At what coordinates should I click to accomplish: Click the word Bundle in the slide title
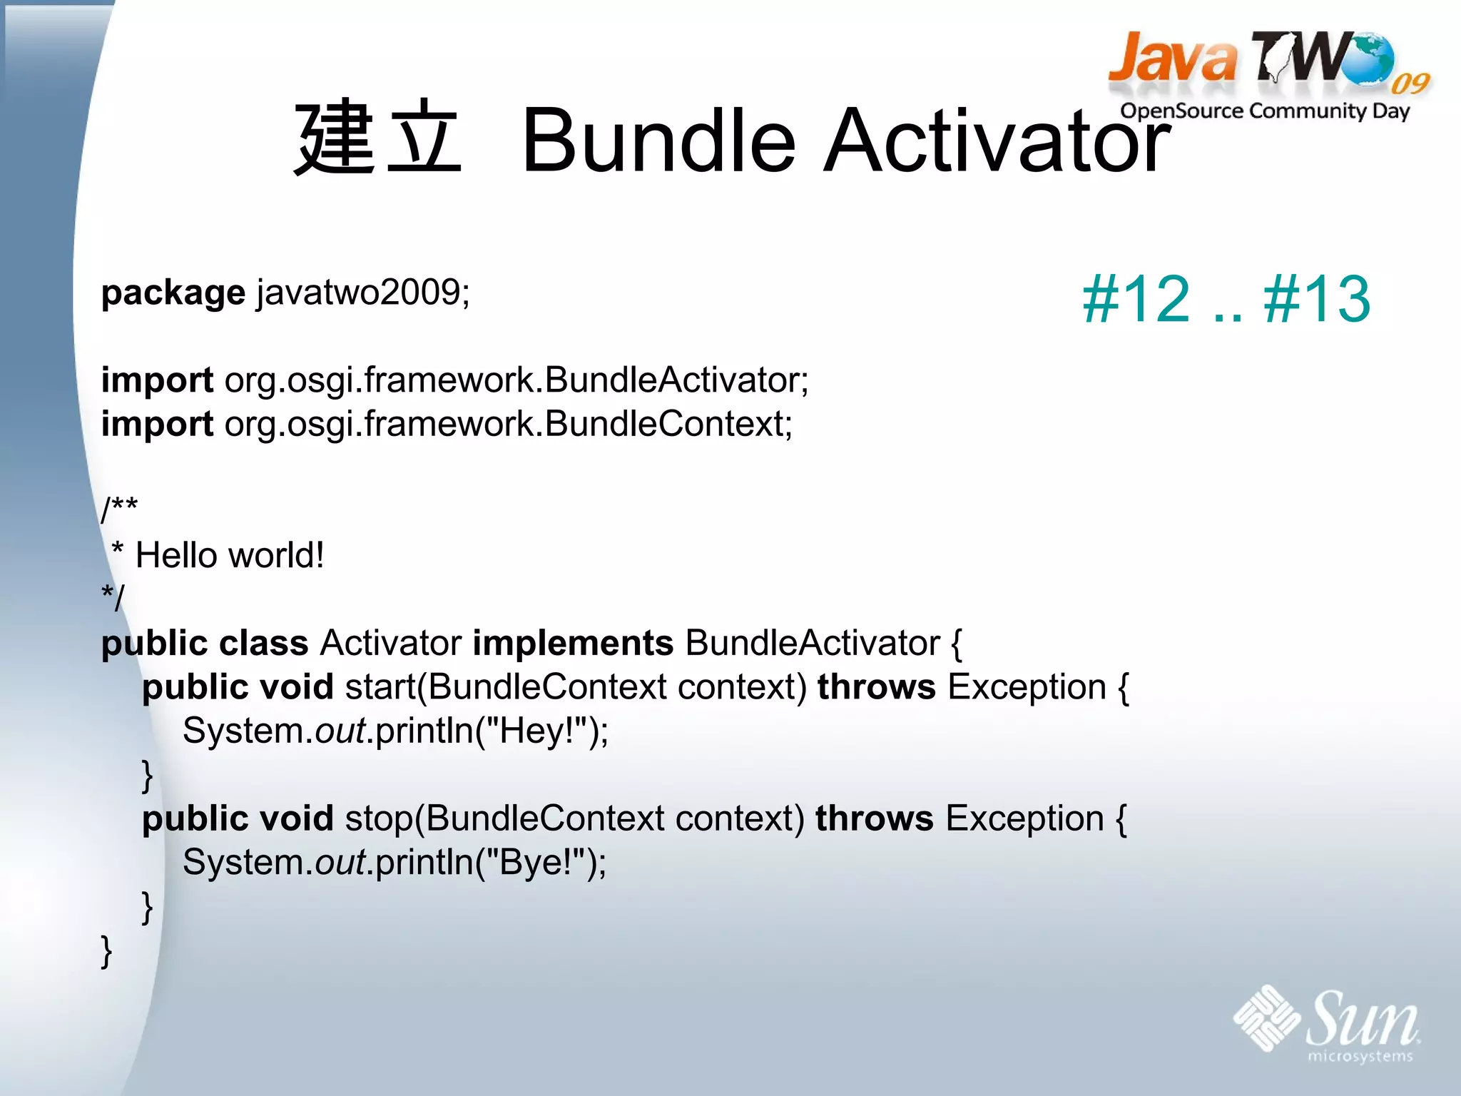click(x=658, y=141)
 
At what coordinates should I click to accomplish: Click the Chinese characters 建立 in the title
click(x=377, y=137)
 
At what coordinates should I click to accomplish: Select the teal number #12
click(x=1136, y=300)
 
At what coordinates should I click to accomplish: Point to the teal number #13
click(x=1317, y=300)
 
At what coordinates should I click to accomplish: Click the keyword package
click(x=173, y=293)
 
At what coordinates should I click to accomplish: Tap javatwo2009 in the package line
click(x=362, y=293)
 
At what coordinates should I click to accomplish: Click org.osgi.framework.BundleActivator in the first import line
click(x=516, y=380)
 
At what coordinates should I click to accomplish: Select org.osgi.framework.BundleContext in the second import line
click(x=508, y=425)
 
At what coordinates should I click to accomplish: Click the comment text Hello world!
click(x=230, y=556)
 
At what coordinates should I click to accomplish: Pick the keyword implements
click(x=573, y=643)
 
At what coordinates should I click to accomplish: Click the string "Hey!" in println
click(x=536, y=731)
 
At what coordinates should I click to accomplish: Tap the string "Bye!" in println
click(x=534, y=863)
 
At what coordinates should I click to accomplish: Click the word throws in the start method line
click(x=876, y=687)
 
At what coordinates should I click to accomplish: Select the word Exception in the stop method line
click(x=1024, y=818)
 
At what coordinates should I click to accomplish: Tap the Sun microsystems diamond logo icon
click(x=1266, y=1018)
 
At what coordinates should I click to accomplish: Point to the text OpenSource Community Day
click(x=1265, y=111)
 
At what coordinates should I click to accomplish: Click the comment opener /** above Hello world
click(x=119, y=509)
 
